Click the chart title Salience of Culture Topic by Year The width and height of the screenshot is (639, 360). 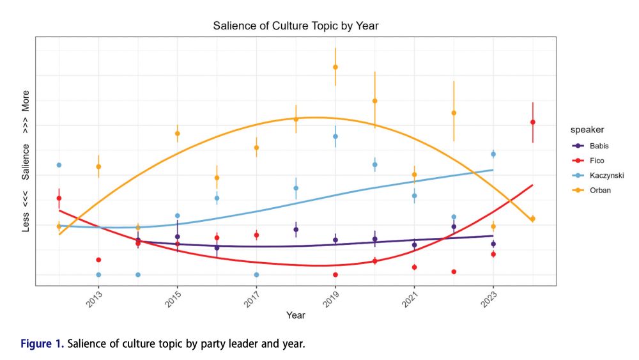(x=296, y=26)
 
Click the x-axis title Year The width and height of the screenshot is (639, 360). (x=295, y=315)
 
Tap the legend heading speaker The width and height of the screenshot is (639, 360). (x=587, y=130)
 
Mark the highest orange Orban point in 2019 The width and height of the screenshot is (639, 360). (x=335, y=67)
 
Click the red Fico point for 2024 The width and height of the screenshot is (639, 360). (x=532, y=122)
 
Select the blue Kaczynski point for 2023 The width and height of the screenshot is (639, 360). (x=493, y=154)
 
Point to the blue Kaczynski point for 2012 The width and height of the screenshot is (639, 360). (x=59, y=165)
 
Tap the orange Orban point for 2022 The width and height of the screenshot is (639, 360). (x=454, y=113)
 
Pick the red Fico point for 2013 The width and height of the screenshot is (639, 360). (x=98, y=260)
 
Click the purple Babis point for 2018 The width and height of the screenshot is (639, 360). (x=296, y=230)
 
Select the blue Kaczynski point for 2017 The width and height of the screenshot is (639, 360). (x=256, y=275)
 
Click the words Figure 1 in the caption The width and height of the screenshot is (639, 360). (x=42, y=345)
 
